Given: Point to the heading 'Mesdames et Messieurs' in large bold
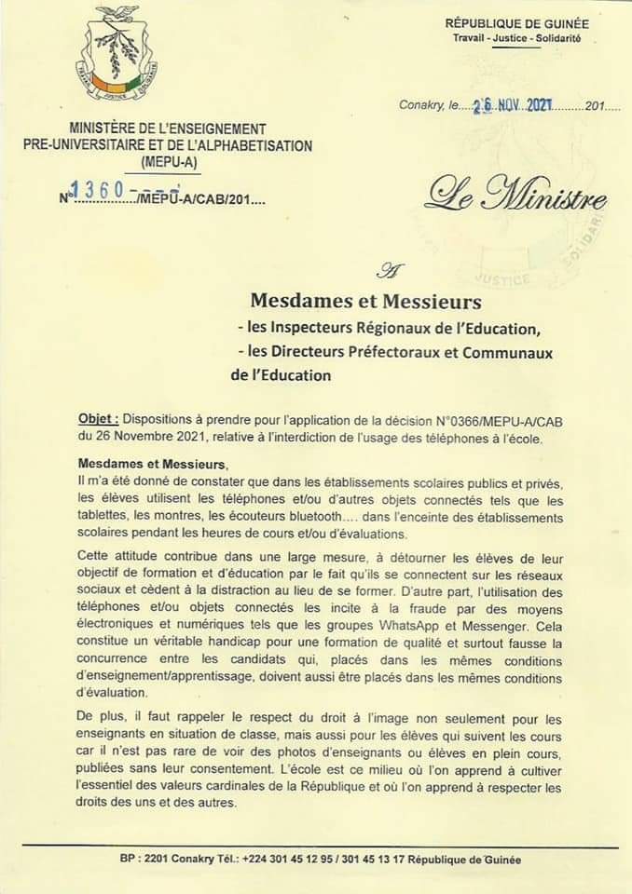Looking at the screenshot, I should tap(365, 302).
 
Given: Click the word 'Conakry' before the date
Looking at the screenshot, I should tap(423, 107).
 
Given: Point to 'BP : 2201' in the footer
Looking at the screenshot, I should tap(145, 860).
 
